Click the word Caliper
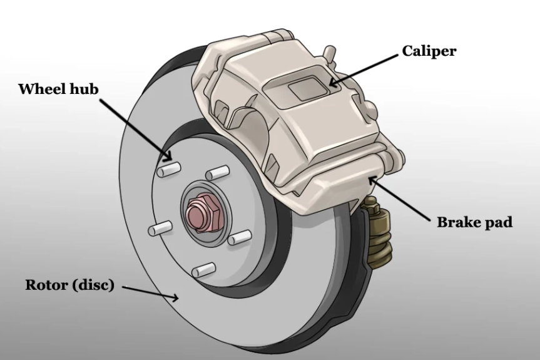coord(429,51)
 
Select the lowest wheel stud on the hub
coord(203,270)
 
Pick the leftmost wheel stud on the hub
coord(159,229)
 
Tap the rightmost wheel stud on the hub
coord(239,237)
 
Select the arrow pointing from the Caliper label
coord(363,69)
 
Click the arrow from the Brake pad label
coord(400,198)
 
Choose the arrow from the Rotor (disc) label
coord(150,293)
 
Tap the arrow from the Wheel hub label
coord(135,129)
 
